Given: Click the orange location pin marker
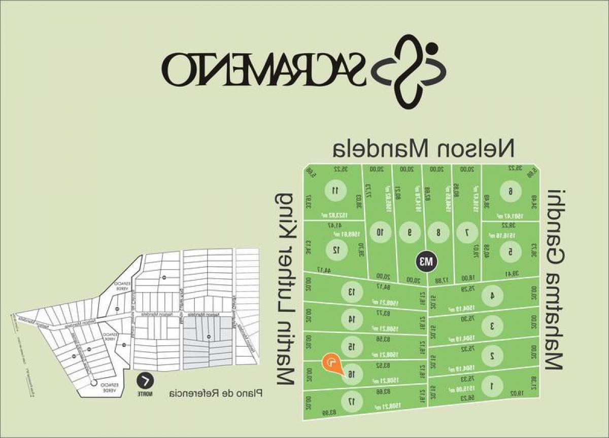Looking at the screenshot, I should coord(330,363).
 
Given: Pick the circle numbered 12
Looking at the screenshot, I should coord(335,249).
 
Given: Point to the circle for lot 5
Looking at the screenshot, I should coord(510,250).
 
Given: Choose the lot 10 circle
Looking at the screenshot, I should coord(380,233).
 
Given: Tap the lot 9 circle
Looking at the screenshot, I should coord(409,233).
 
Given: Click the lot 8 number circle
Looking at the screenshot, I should coord(438,233).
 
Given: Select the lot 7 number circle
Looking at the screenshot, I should coord(467,233).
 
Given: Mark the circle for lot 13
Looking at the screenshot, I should coord(350,292).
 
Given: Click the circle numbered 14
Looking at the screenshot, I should coord(350,319).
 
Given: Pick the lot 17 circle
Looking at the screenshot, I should coord(350,401).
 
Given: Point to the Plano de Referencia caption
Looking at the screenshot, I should coord(216,393).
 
